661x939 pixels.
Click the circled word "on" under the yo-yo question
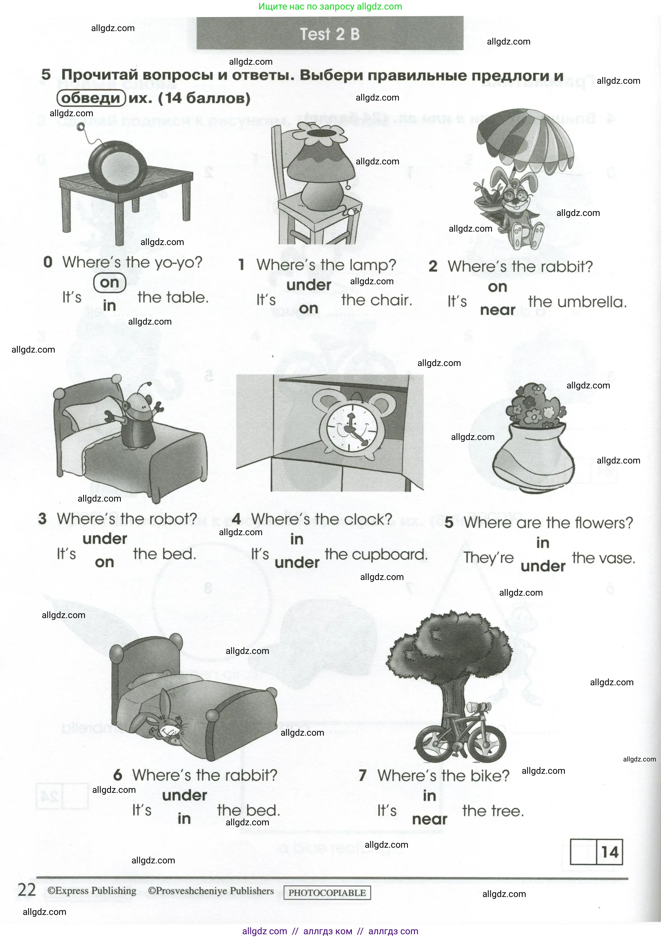pos(109,283)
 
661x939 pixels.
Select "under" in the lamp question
pos(309,285)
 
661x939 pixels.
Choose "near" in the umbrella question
pos(497,310)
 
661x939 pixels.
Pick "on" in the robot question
pos(104,562)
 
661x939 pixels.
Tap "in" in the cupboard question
pos(297,539)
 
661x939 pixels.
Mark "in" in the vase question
pos(543,543)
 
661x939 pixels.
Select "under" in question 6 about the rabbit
pos(184,795)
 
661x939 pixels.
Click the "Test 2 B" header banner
pos(330,34)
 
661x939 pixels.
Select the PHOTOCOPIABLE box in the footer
pos(327,893)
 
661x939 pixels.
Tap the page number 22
pos(27,890)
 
